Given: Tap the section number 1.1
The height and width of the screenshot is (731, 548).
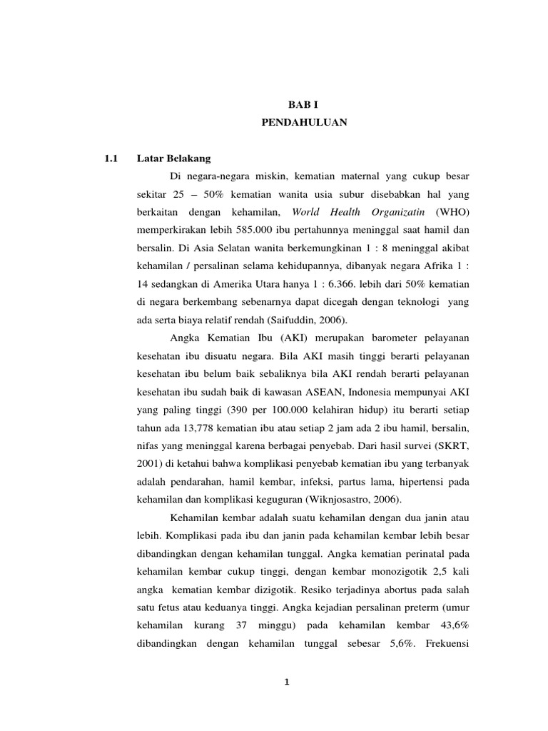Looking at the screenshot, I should [x=111, y=158].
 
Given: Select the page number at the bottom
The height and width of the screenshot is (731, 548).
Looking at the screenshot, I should [x=287, y=682].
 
